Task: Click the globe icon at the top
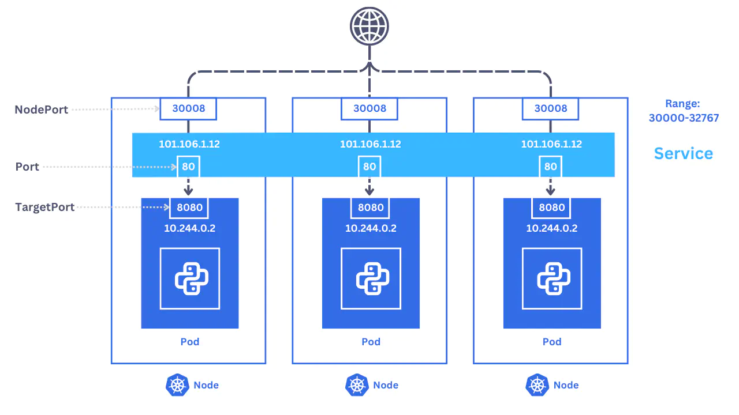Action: click(x=369, y=26)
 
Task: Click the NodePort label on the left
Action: click(x=41, y=110)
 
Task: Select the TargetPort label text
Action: click(x=45, y=207)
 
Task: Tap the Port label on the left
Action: click(x=27, y=167)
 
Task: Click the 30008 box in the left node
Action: click(x=188, y=108)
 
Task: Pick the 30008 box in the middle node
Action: click(x=369, y=108)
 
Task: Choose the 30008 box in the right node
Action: click(x=550, y=108)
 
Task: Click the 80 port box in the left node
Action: click(x=188, y=167)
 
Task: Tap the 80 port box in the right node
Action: click(x=550, y=167)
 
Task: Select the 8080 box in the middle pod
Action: click(x=370, y=207)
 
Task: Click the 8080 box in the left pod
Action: click(x=189, y=207)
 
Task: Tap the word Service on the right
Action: click(x=683, y=153)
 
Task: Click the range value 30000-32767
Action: click(x=684, y=118)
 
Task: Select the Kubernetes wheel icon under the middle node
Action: click(x=357, y=385)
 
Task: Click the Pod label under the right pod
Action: click(x=552, y=342)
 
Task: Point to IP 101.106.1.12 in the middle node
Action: click(x=370, y=144)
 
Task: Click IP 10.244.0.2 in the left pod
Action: click(x=189, y=228)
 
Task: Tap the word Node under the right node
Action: click(x=566, y=385)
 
